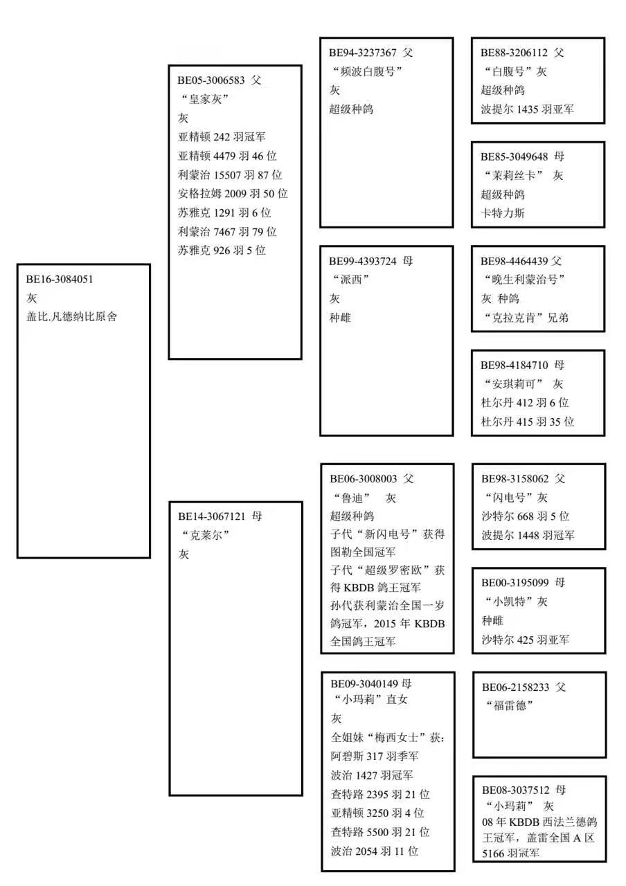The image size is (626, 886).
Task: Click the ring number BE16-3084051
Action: [60, 279]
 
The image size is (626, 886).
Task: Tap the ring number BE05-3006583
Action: [211, 80]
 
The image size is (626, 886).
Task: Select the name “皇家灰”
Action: [204, 99]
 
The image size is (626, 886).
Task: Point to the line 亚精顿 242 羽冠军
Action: [222, 137]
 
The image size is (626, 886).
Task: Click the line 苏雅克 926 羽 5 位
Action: [222, 251]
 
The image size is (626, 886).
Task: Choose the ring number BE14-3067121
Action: [212, 516]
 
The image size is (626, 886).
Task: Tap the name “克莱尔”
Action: [206, 535]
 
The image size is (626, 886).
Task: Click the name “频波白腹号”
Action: [367, 71]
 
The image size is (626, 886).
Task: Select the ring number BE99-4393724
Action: [362, 261]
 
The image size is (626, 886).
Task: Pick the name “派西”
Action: [350, 280]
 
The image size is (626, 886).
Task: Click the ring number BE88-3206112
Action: [514, 53]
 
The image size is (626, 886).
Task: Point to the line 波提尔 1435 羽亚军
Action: [527, 109]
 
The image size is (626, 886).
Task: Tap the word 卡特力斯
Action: [503, 213]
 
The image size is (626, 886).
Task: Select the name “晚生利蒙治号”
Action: [524, 280]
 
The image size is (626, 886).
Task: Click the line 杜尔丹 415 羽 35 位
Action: [527, 422]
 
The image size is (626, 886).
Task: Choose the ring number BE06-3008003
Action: [364, 478]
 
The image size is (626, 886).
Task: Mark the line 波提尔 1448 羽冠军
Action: [528, 535]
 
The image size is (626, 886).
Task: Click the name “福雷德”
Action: [510, 705]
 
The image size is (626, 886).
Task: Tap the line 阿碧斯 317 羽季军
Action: [375, 757]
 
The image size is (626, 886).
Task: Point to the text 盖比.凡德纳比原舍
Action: [71, 317]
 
